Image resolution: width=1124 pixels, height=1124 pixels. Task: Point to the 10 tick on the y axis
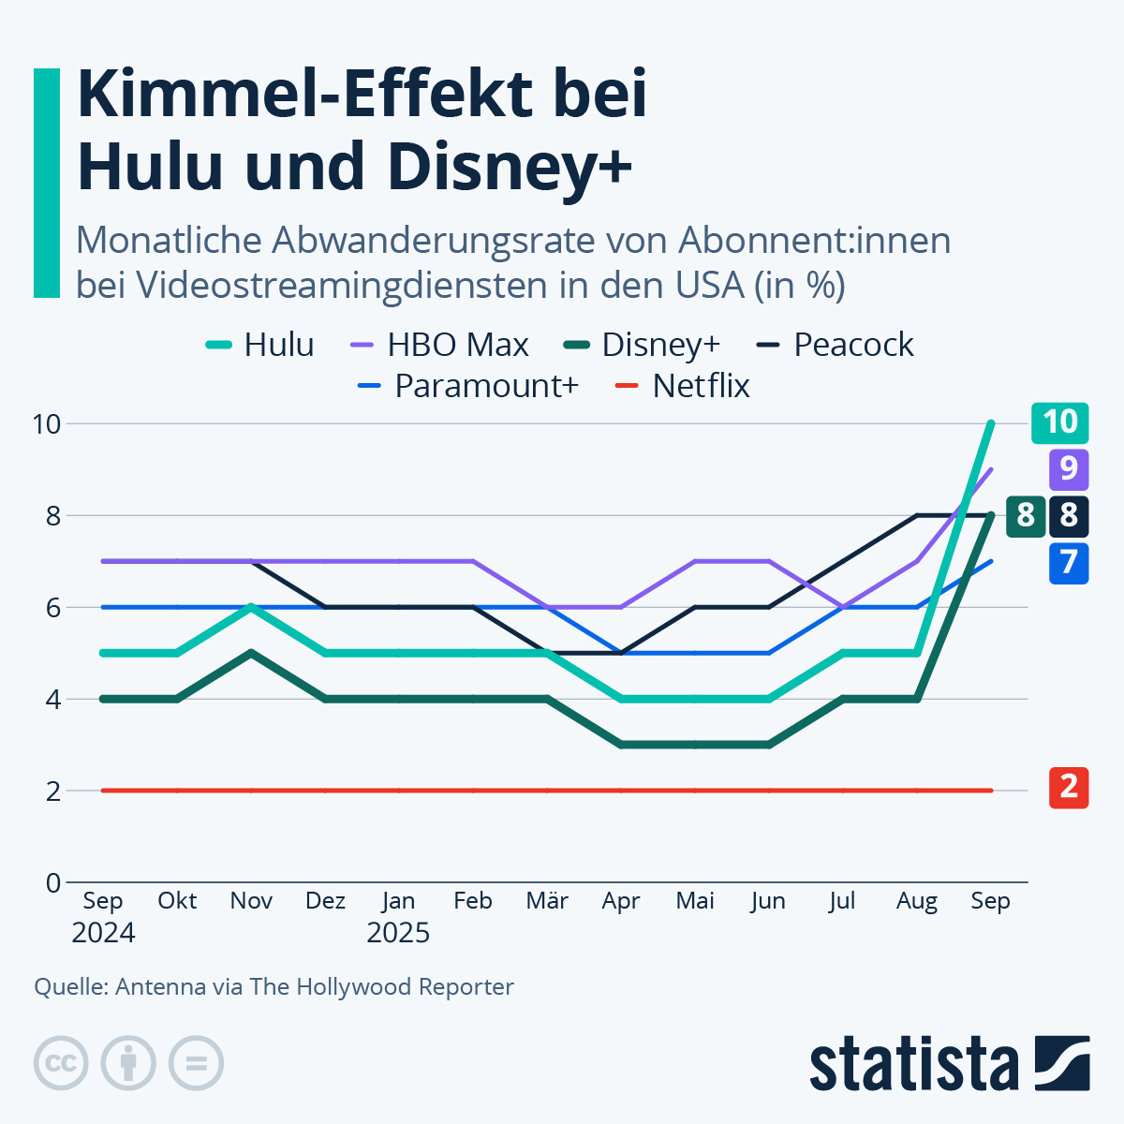pyautogui.click(x=46, y=423)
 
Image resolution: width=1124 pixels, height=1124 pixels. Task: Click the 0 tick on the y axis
pyautogui.click(x=52, y=882)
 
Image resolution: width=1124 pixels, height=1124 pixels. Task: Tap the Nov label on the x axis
pyautogui.click(x=251, y=901)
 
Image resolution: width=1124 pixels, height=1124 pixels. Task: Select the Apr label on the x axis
pyautogui.click(x=621, y=901)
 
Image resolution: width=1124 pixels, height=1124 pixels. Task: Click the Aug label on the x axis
pyautogui.click(x=916, y=901)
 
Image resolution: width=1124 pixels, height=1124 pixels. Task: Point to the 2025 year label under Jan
pyautogui.click(x=398, y=933)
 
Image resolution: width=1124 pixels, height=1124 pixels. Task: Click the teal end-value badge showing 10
pyautogui.click(x=1060, y=422)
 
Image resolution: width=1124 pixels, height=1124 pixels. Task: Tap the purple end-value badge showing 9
pyautogui.click(x=1069, y=468)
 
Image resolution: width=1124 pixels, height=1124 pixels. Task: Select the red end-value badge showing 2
pyautogui.click(x=1069, y=788)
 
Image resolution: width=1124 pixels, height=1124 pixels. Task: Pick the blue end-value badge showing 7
pyautogui.click(x=1069, y=563)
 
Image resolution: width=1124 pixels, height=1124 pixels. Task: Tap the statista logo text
pyautogui.click(x=913, y=1064)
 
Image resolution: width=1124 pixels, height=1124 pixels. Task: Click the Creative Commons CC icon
pyautogui.click(x=61, y=1063)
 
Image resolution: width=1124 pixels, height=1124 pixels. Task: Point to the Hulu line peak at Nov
pyautogui.click(x=251, y=607)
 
